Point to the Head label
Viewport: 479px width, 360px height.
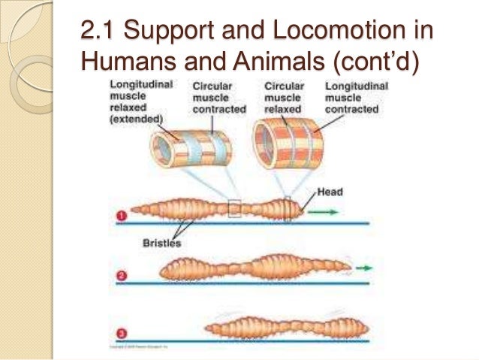click(x=329, y=192)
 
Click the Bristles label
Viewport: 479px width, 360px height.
click(x=161, y=243)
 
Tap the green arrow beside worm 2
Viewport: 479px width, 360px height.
click(x=363, y=268)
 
